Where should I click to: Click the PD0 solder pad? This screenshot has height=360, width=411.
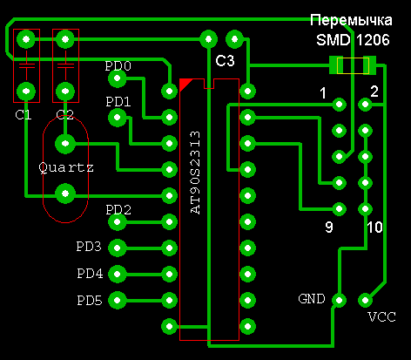click(118, 78)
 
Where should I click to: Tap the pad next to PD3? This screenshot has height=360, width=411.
click(118, 248)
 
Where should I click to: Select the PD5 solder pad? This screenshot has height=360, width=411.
click(118, 300)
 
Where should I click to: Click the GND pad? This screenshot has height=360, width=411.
click(339, 300)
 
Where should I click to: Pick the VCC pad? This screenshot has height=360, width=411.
click(365, 300)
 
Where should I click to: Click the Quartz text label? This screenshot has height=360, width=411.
click(66, 167)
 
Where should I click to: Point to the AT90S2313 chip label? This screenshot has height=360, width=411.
click(195, 173)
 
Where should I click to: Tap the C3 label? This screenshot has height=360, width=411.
click(225, 61)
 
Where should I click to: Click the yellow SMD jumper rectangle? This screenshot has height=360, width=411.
click(353, 65)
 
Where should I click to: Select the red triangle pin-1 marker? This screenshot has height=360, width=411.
click(184, 84)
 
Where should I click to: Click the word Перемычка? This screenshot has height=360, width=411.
click(351, 20)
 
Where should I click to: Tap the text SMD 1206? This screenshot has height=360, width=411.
click(353, 39)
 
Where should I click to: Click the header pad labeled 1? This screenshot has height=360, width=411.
click(339, 105)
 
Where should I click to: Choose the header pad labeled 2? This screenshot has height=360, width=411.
click(365, 105)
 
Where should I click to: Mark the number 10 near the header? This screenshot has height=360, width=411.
click(375, 228)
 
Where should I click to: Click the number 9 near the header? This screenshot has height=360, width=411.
click(329, 228)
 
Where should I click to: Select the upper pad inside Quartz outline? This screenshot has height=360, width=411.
click(65, 144)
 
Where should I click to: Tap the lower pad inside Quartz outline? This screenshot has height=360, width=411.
click(65, 194)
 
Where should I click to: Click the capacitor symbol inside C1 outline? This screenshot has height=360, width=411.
click(26, 65)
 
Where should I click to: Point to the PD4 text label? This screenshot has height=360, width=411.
click(90, 274)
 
